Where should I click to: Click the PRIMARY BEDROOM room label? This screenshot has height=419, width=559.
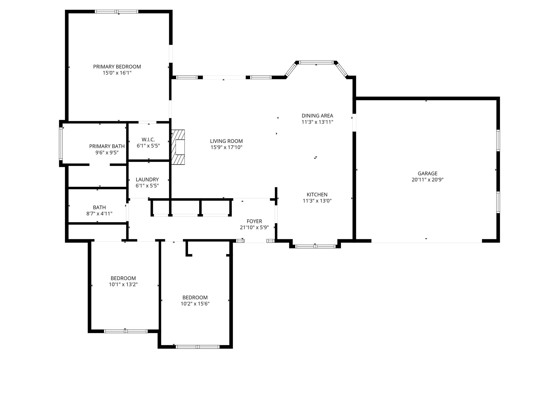[117, 67]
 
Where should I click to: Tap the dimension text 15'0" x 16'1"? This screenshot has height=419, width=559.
[117, 73]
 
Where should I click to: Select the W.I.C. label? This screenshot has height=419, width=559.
[148, 140]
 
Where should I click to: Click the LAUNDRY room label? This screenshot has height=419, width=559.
[147, 179]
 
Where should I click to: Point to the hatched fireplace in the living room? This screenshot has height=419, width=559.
[178, 147]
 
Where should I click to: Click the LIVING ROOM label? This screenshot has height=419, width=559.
[226, 141]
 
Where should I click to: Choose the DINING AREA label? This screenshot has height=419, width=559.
[317, 116]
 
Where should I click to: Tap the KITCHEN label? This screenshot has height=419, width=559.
[317, 194]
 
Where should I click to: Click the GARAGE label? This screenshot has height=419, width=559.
[427, 173]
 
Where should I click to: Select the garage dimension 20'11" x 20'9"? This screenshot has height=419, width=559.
[427, 180]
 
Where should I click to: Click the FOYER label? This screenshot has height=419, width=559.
[254, 221]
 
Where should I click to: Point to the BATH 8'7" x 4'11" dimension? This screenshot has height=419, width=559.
[99, 214]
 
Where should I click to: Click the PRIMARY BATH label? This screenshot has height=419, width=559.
[107, 146]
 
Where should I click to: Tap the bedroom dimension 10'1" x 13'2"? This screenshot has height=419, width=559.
[123, 285]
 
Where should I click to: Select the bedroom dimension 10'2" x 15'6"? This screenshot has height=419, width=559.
[195, 304]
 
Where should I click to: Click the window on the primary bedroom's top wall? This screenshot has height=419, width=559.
[117, 12]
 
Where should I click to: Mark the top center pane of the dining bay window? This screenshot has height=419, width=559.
[316, 62]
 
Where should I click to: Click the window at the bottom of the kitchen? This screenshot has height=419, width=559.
[315, 247]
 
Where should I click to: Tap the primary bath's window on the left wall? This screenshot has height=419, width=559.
[61, 144]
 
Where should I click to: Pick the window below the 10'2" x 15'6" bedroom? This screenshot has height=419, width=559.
[198, 347]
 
